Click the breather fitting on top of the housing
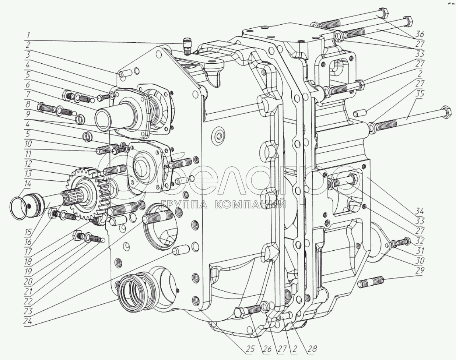coord(187,46)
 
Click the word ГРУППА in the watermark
coord(183,205)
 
